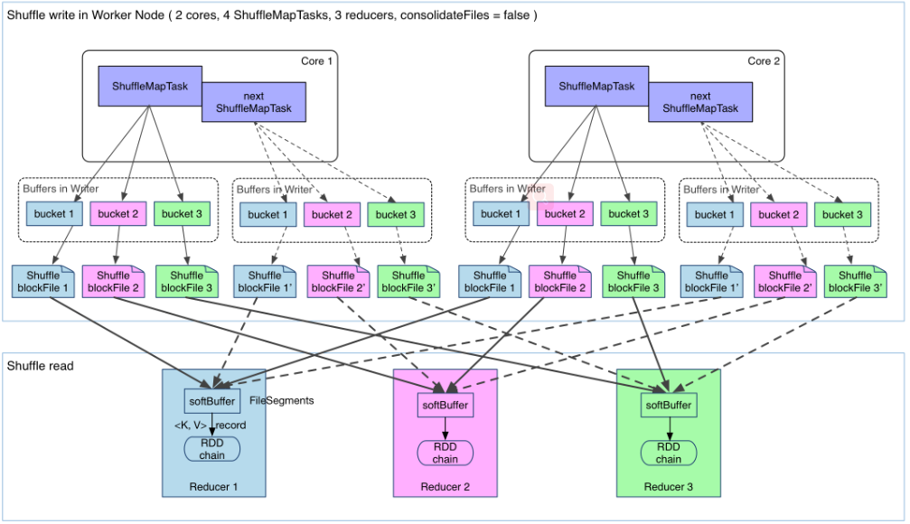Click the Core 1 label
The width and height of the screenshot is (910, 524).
[x=316, y=61]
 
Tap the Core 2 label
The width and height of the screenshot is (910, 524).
[x=764, y=61]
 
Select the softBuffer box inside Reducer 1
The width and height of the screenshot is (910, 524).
[x=211, y=401]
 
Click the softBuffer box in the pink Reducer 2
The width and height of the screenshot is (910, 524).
[x=446, y=405]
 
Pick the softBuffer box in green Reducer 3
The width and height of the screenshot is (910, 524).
[x=669, y=405]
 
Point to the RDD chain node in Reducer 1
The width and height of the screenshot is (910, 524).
[x=211, y=449]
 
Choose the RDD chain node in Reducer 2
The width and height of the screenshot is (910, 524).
[x=446, y=454]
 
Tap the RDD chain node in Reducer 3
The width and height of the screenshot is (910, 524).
[x=669, y=454]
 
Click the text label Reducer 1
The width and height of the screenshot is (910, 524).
[x=213, y=487]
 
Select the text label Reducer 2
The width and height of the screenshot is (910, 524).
[x=446, y=487]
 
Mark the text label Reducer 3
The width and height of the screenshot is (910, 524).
[x=669, y=487]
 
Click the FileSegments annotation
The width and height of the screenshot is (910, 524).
[x=281, y=400]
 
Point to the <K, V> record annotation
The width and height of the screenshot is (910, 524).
[x=210, y=425]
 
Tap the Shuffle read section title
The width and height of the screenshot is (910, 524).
[x=40, y=366]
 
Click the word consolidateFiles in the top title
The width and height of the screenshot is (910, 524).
[x=445, y=15]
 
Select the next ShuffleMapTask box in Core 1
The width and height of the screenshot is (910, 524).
[x=254, y=102]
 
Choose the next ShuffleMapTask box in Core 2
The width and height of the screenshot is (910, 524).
[x=700, y=102]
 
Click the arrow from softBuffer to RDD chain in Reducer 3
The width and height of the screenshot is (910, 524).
[x=669, y=429]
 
